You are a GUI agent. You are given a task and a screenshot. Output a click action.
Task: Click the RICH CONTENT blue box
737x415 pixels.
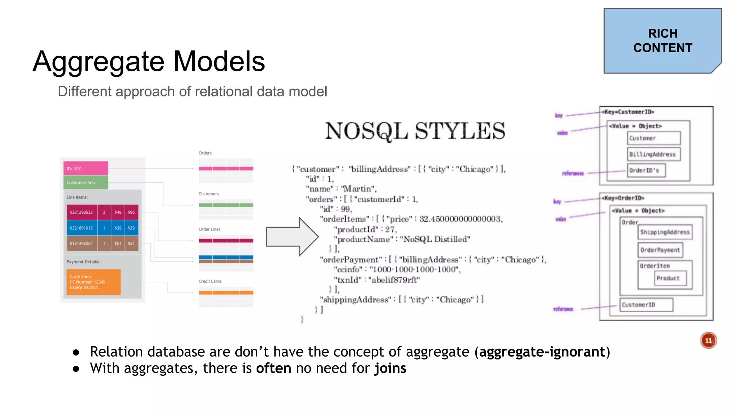[663, 41]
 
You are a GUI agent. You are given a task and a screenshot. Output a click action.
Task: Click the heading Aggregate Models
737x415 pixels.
[149, 61]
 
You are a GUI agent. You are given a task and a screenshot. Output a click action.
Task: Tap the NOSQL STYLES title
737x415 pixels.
[415, 131]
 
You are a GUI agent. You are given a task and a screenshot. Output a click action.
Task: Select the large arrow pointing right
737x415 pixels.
[292, 237]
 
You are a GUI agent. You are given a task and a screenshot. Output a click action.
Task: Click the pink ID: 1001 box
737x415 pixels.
[86, 168]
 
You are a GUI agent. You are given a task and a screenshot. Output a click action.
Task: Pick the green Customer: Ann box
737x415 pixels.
[86, 182]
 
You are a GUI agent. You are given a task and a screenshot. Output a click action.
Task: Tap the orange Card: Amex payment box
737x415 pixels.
[92, 282]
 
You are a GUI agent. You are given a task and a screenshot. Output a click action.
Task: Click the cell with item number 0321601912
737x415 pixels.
[81, 228]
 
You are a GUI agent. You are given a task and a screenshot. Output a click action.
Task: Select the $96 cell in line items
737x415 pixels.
[131, 212]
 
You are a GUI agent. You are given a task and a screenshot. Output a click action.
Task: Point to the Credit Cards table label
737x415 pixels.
[210, 281]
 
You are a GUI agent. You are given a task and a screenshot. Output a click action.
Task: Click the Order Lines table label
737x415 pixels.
[209, 229]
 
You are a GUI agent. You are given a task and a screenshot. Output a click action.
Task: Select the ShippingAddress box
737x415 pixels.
[665, 232]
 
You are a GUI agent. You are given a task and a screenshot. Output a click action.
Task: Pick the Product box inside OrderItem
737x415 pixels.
[668, 278]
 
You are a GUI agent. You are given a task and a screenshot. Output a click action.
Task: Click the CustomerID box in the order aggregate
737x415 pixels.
[646, 305]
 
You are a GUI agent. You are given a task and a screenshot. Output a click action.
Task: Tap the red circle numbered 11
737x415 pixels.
[708, 340]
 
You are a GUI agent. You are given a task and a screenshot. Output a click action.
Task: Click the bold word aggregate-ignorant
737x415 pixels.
[542, 352]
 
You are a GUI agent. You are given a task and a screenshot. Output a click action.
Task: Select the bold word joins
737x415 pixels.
[390, 369]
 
